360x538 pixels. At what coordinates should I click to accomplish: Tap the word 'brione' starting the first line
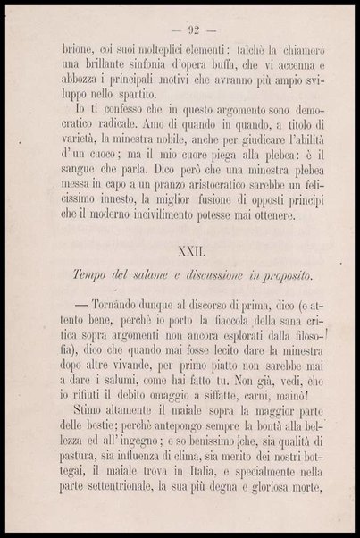click(x=73, y=51)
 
